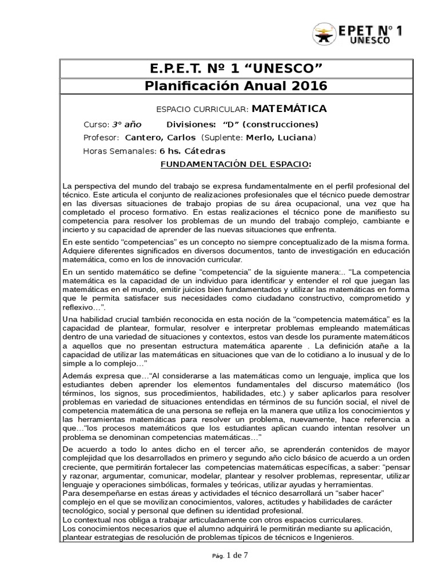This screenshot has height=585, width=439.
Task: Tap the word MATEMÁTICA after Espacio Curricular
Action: coord(289,109)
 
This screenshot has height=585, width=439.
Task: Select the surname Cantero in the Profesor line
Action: coord(144,138)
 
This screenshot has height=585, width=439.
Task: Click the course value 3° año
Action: coord(126,125)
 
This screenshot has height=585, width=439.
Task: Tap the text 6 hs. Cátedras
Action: coord(193,151)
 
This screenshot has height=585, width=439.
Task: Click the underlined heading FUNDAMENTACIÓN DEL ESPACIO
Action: coord(235,165)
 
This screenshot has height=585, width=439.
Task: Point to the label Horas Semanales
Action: coord(119,151)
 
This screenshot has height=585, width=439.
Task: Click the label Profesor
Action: coord(101,138)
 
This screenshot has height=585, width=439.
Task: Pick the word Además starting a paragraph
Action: coord(78,375)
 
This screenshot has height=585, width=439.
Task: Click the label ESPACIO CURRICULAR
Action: coord(202,109)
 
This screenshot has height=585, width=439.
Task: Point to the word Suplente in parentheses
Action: coord(225,138)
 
